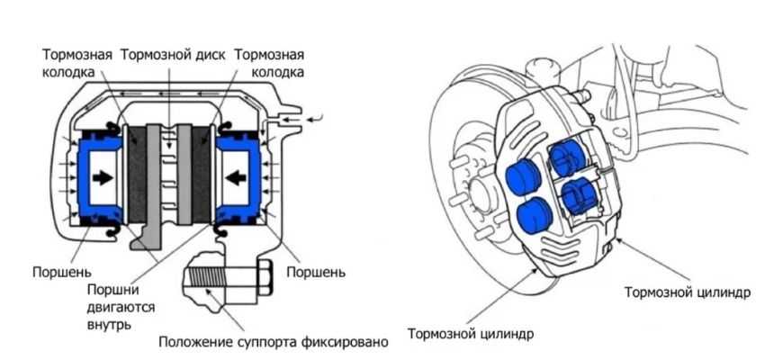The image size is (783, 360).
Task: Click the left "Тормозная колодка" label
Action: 77,62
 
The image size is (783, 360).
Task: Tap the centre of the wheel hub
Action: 477,193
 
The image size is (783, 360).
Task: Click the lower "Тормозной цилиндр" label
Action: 471,335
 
